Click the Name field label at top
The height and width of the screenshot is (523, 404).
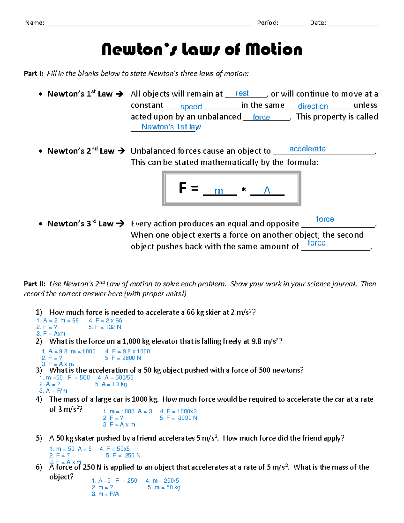click(x=35, y=23)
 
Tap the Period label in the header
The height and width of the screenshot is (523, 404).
click(x=268, y=23)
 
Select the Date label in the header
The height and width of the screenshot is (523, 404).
click(x=318, y=23)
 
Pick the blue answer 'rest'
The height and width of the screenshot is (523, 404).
click(x=242, y=93)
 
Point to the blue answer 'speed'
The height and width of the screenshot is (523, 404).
click(x=191, y=107)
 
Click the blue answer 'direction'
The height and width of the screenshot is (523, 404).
click(x=312, y=106)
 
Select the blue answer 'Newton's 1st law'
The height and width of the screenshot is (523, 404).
click(x=171, y=127)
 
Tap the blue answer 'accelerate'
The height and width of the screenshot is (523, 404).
click(x=307, y=149)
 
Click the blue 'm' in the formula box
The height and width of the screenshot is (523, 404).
click(x=219, y=191)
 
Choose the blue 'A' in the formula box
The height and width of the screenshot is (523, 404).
click(x=267, y=190)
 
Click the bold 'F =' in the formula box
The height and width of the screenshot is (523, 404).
click(x=189, y=188)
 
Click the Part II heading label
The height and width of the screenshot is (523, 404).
click(x=34, y=284)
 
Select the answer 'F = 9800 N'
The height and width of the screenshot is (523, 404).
click(x=123, y=358)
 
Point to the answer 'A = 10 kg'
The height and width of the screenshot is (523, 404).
click(x=111, y=384)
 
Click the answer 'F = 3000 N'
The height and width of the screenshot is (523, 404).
click(x=178, y=418)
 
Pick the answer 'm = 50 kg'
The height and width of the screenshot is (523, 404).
click(x=164, y=487)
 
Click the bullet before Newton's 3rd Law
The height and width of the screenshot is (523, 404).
click(x=40, y=224)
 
